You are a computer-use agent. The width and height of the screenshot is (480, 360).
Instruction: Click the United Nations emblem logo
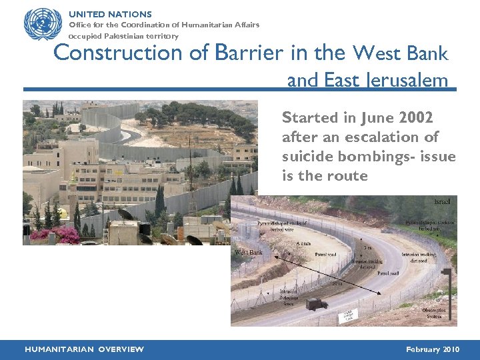coord(42,25)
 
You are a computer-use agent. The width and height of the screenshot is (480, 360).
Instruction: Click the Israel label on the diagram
coord(441,201)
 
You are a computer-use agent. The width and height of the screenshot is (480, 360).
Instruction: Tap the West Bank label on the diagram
coord(249,253)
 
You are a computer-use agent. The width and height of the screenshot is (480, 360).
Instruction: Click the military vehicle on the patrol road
coord(317,303)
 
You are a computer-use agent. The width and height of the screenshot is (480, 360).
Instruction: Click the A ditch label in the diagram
coord(303,243)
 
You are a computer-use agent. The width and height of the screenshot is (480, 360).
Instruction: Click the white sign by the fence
coord(348,316)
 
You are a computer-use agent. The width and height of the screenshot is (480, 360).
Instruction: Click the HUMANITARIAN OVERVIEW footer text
coord(84,349)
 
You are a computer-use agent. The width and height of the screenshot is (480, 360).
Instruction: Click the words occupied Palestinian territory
coord(124,36)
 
